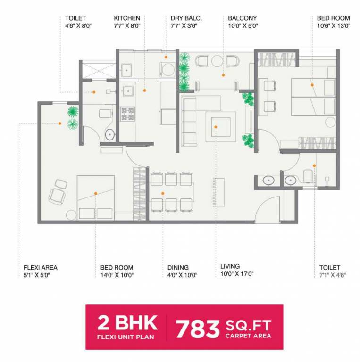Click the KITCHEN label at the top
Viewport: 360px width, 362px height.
click(x=127, y=18)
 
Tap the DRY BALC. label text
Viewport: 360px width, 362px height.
click(x=186, y=18)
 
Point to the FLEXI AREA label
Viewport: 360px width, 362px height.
click(x=41, y=267)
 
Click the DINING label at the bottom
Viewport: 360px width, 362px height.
click(x=178, y=267)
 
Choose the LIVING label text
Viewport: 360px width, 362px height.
click(x=230, y=266)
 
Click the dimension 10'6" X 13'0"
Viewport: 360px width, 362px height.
click(x=334, y=26)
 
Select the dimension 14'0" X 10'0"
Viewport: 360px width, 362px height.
click(x=117, y=275)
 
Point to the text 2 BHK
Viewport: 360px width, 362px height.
click(x=127, y=323)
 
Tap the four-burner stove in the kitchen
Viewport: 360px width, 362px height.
click(x=127, y=114)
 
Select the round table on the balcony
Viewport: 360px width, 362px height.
click(x=217, y=61)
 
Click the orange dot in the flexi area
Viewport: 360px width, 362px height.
click(x=60, y=123)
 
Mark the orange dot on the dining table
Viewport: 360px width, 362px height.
click(x=163, y=193)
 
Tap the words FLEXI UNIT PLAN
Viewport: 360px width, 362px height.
click(x=127, y=337)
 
